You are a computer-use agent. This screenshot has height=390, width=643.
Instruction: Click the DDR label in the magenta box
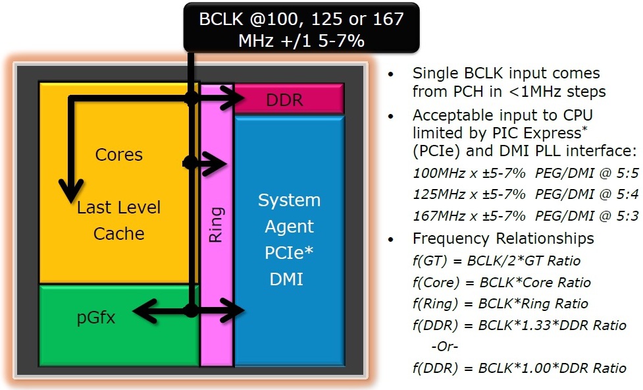pyautogui.click(x=284, y=99)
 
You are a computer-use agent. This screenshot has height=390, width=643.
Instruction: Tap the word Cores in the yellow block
pyautogui.click(x=119, y=155)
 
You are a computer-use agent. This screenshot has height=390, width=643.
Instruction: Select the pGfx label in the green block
pyautogui.click(x=96, y=318)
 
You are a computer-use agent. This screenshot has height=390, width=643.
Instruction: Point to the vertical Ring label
pyautogui.click(x=216, y=225)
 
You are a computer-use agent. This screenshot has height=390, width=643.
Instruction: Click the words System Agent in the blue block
pyautogui.click(x=289, y=213)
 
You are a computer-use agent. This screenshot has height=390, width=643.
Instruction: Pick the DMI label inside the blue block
pyautogui.click(x=286, y=279)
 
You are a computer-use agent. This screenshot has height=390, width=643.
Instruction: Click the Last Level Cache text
pyautogui.click(x=119, y=221)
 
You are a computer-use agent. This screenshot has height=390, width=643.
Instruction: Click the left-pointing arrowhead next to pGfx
pyautogui.click(x=145, y=311)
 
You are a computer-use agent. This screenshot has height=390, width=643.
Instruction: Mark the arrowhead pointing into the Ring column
pyautogui.click(x=215, y=164)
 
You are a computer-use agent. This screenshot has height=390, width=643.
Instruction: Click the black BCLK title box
pyautogui.click(x=301, y=28)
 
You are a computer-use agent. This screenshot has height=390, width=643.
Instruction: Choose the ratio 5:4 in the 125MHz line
pyautogui.click(x=627, y=194)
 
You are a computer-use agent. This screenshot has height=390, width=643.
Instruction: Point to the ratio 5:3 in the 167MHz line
pyautogui.click(x=627, y=215)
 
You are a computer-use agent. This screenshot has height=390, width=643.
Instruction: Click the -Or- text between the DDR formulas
pyautogui.click(x=444, y=347)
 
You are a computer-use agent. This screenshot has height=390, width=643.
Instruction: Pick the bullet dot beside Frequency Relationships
pyautogui.click(x=391, y=239)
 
